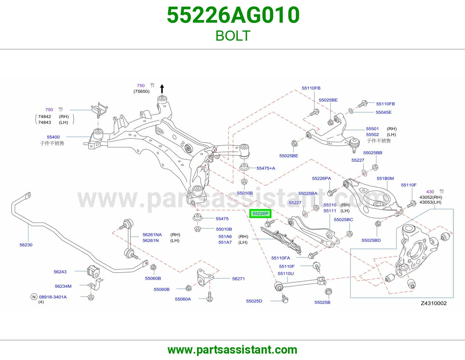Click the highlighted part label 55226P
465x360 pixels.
pos(260,214)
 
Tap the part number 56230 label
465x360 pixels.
pos(26,245)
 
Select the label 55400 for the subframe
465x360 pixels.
pos(53,137)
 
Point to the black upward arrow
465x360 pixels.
pos(162,89)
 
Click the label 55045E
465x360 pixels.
pos(383,112)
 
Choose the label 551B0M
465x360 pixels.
pos(385,178)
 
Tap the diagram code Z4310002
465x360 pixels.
pos(434,303)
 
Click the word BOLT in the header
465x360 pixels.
pos(233,36)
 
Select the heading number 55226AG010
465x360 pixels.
pos(233,15)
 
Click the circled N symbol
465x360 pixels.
pos(34,297)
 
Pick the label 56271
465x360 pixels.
pos(238,278)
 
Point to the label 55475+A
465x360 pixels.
pos(266,168)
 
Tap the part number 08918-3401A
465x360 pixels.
pos(53,297)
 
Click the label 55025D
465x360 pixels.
pos(254,301)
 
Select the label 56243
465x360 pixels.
pos(60,272)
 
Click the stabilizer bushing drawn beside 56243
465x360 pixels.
pos(94,271)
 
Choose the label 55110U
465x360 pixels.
pos(286,273)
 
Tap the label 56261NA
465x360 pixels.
pos(152,235)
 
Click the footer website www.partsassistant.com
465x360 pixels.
pos(233,350)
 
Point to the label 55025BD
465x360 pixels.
pos(371,240)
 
